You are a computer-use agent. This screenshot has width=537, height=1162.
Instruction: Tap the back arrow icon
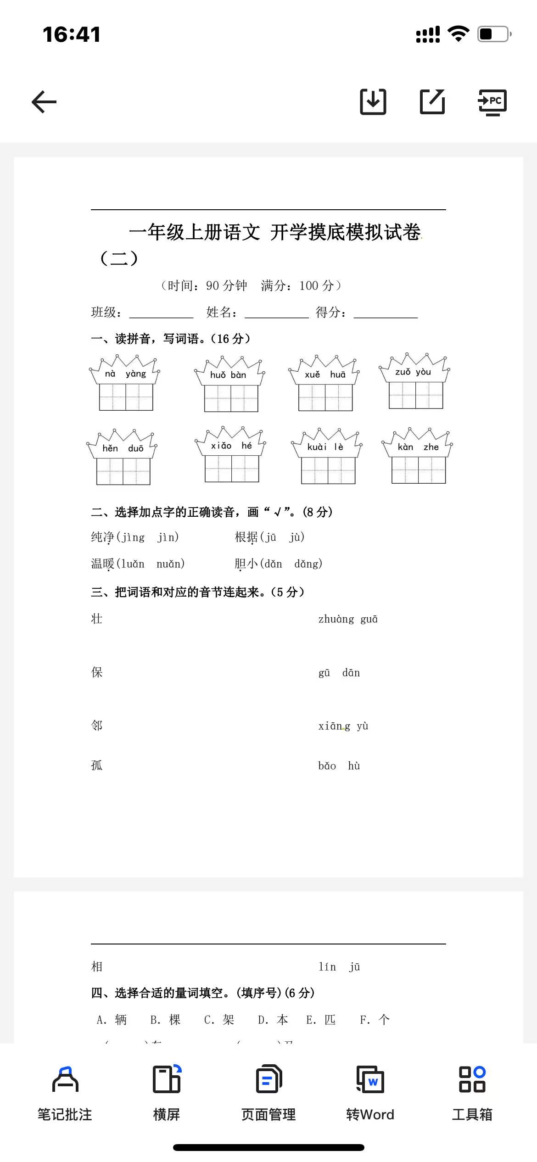44,102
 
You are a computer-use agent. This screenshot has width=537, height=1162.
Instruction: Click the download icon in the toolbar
373,101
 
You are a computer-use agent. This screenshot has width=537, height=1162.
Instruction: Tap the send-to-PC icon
492,102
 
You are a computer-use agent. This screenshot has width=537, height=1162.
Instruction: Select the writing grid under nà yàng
126,397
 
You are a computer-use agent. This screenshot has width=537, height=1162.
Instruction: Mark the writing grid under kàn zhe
419,470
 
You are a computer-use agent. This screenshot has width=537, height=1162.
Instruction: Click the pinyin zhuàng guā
348,619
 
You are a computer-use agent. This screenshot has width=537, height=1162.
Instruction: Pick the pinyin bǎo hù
339,765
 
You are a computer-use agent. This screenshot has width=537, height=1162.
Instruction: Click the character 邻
97,726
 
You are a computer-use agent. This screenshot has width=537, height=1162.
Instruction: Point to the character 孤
97,765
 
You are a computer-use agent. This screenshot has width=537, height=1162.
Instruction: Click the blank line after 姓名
277,313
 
